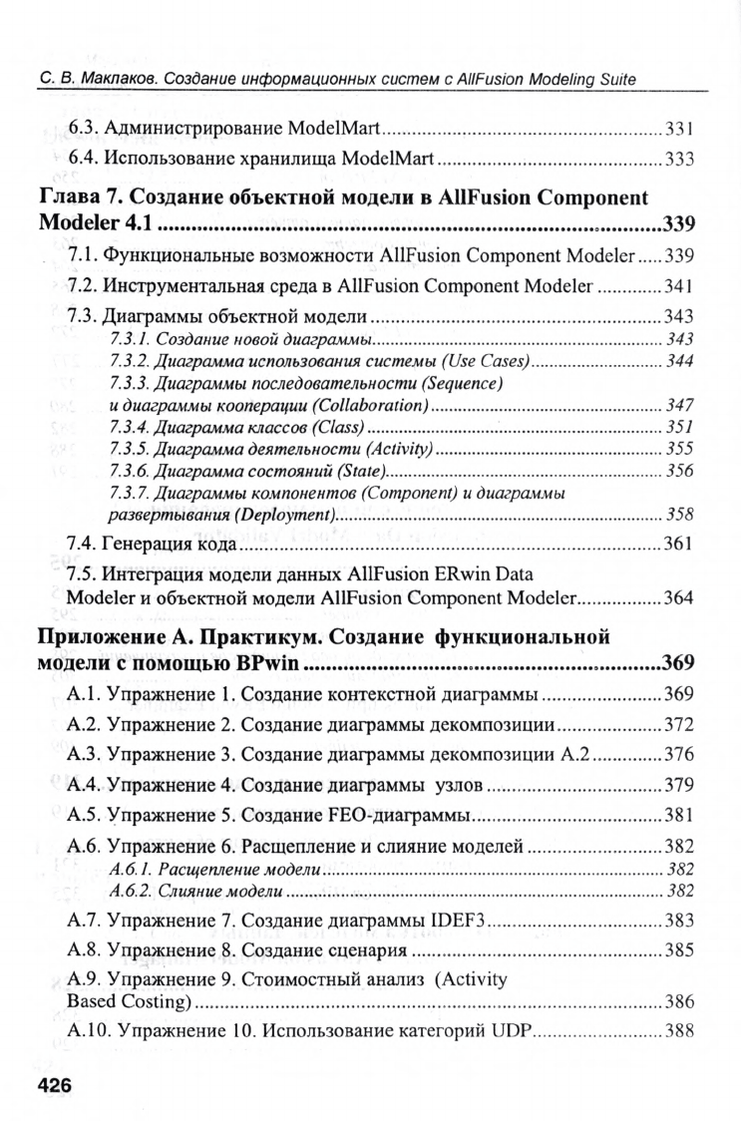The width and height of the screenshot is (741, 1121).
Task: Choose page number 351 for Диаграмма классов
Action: [679, 427]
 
